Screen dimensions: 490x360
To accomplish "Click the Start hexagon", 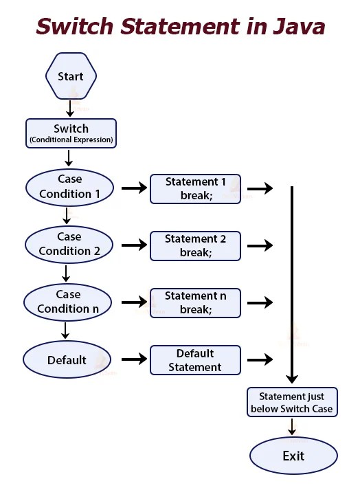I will (x=70, y=76).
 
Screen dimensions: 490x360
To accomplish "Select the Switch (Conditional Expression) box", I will (x=71, y=133).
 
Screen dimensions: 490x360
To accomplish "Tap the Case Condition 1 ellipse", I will (x=69, y=187).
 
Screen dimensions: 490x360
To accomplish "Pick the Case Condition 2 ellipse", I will (x=69, y=244).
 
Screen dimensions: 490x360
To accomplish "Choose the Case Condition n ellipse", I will (x=68, y=302).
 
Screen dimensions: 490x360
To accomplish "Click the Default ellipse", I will (x=67, y=360).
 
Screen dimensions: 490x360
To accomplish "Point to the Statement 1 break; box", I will (x=195, y=189).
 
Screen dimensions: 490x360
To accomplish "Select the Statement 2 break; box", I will (x=195, y=246).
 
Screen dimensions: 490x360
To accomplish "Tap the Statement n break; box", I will (x=195, y=303).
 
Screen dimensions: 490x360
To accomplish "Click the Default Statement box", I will (x=195, y=360).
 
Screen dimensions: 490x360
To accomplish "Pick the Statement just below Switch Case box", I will (x=292, y=403).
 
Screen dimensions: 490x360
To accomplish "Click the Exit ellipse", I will (x=293, y=456).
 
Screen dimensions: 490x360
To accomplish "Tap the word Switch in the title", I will (x=76, y=27).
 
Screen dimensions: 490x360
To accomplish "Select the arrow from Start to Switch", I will (x=70, y=108).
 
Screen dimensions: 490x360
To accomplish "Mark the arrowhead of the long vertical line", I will (x=292, y=377).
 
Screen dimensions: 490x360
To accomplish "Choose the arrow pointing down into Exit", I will (x=292, y=427).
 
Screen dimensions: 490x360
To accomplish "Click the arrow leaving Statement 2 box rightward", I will (x=260, y=245).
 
